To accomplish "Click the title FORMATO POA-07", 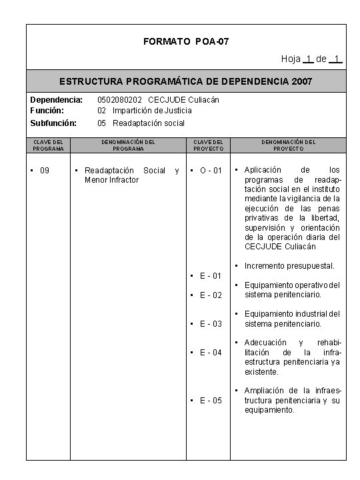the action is (x=186, y=42).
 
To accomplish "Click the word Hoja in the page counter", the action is (x=291, y=59).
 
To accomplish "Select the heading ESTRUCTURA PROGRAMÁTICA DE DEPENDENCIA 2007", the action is (x=185, y=82).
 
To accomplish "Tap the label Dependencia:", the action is (x=56, y=99).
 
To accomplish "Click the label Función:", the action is (x=47, y=110).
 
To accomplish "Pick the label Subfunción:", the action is (x=53, y=123).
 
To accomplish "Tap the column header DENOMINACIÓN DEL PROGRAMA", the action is (x=128, y=145).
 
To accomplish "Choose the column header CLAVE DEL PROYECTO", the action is (x=208, y=145).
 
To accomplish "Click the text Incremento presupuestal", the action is (x=289, y=266).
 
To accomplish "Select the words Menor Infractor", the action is (x=111, y=180).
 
